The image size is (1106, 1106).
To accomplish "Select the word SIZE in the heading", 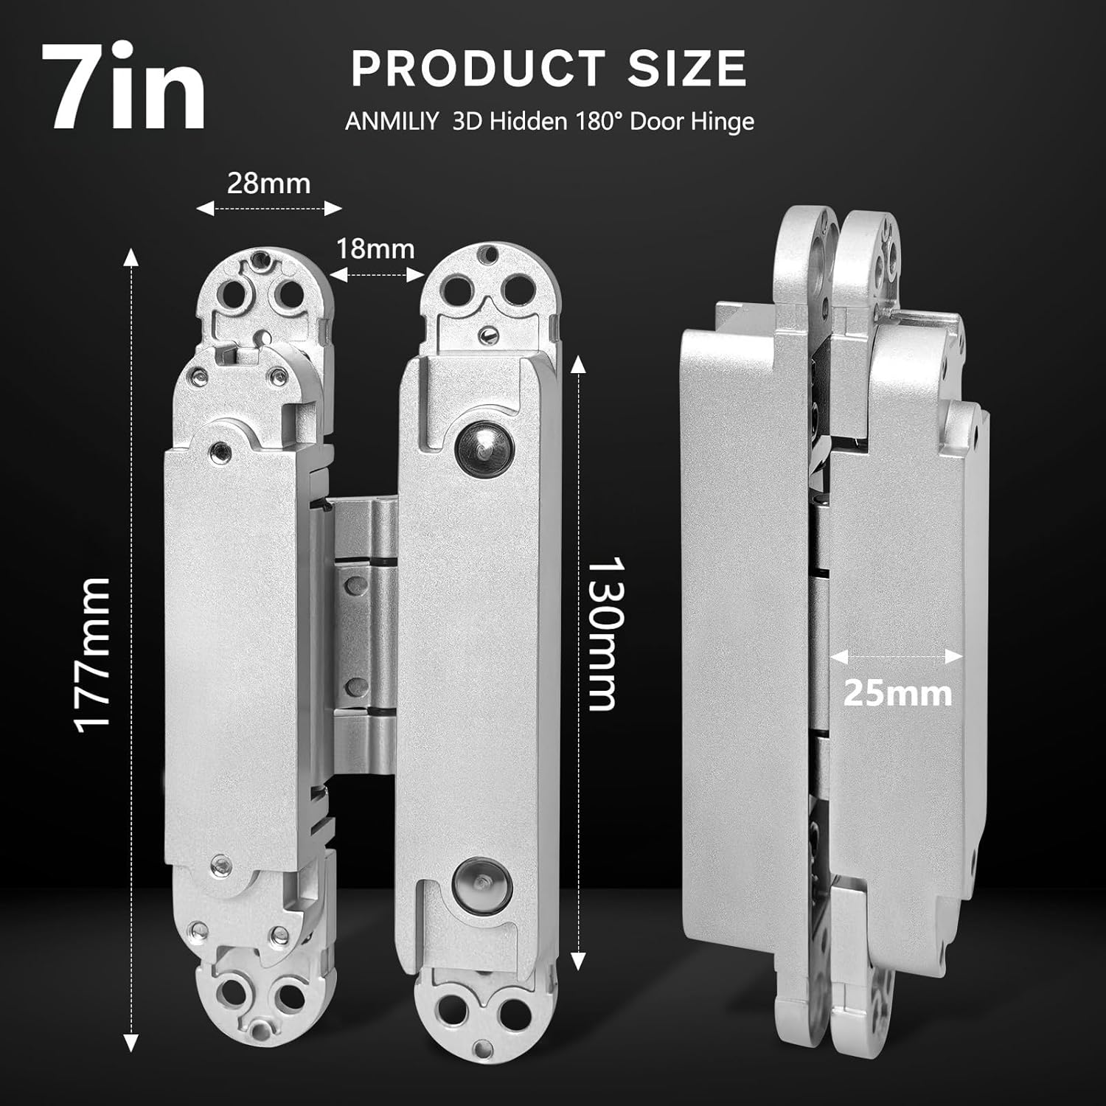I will click(x=687, y=69).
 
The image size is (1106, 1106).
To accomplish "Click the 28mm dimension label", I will click(x=268, y=182).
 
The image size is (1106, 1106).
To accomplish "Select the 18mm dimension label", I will click(x=375, y=248).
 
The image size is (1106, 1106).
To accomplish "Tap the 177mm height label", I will click(x=94, y=655).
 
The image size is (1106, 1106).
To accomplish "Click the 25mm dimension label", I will click(x=897, y=693).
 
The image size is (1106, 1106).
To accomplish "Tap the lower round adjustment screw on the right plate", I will click(x=477, y=880).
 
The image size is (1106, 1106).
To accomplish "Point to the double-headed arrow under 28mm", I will click(x=269, y=209).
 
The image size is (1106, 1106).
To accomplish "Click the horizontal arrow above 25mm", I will click(x=897, y=656).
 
